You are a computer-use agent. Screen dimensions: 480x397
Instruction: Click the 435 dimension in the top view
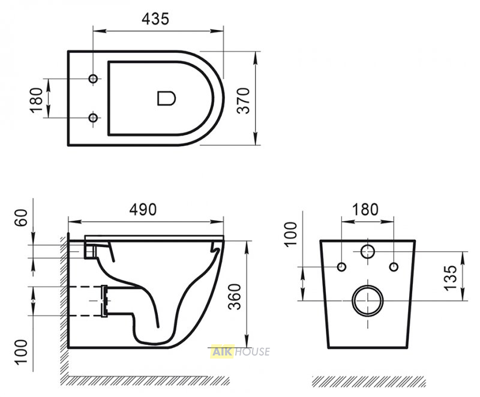click(x=155, y=19)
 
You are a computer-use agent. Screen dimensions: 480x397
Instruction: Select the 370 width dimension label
click(x=244, y=101)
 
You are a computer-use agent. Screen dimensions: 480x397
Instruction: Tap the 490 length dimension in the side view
click(x=143, y=210)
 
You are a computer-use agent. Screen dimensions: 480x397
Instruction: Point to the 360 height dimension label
click(x=235, y=297)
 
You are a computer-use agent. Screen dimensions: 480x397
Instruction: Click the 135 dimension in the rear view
click(x=451, y=278)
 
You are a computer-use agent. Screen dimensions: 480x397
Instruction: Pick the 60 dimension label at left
click(x=21, y=218)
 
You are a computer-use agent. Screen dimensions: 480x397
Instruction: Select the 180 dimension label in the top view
click(x=37, y=100)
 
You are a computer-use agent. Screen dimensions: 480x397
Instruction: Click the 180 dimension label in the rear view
click(x=365, y=209)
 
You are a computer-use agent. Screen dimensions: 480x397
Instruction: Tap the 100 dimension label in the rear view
click(x=291, y=234)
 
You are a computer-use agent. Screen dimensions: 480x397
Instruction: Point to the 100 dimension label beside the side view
click(x=21, y=351)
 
